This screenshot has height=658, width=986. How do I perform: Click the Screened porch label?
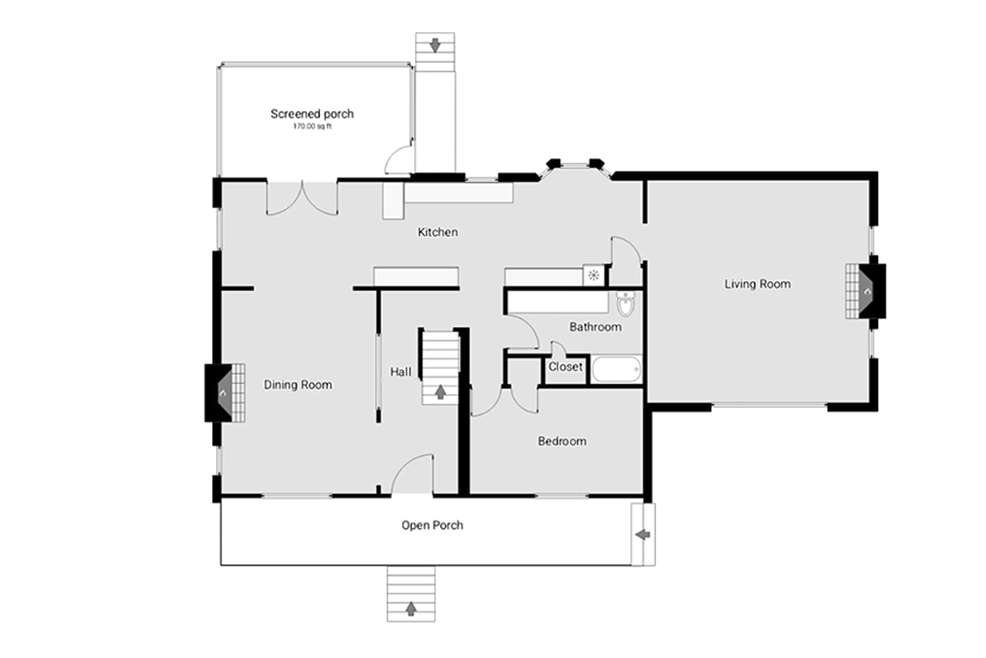pyautogui.click(x=312, y=114)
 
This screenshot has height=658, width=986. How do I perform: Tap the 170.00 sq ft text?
pyautogui.click(x=312, y=126)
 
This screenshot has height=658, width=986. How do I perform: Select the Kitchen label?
pyautogui.click(x=438, y=232)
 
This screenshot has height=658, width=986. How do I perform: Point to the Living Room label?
pyautogui.click(x=757, y=284)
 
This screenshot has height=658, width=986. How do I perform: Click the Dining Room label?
pyautogui.click(x=298, y=385)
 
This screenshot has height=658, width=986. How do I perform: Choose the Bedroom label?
pyautogui.click(x=562, y=441)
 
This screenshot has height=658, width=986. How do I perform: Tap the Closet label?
pyautogui.click(x=565, y=367)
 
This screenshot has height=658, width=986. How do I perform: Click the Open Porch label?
pyautogui.click(x=432, y=525)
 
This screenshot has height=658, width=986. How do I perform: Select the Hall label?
pyautogui.click(x=401, y=372)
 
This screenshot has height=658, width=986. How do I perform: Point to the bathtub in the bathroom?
pyautogui.click(x=616, y=370)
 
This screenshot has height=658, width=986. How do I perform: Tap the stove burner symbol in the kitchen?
pyautogui.click(x=594, y=276)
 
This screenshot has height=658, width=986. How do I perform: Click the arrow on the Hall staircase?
pyautogui.click(x=440, y=392)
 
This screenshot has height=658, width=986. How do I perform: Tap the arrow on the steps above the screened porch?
pyautogui.click(x=435, y=45)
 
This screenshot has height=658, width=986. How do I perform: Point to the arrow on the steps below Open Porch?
pyautogui.click(x=411, y=608)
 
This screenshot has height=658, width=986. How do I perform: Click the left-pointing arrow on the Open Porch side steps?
pyautogui.click(x=643, y=534)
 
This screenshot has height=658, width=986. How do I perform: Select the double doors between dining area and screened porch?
pyautogui.click(x=302, y=198)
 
